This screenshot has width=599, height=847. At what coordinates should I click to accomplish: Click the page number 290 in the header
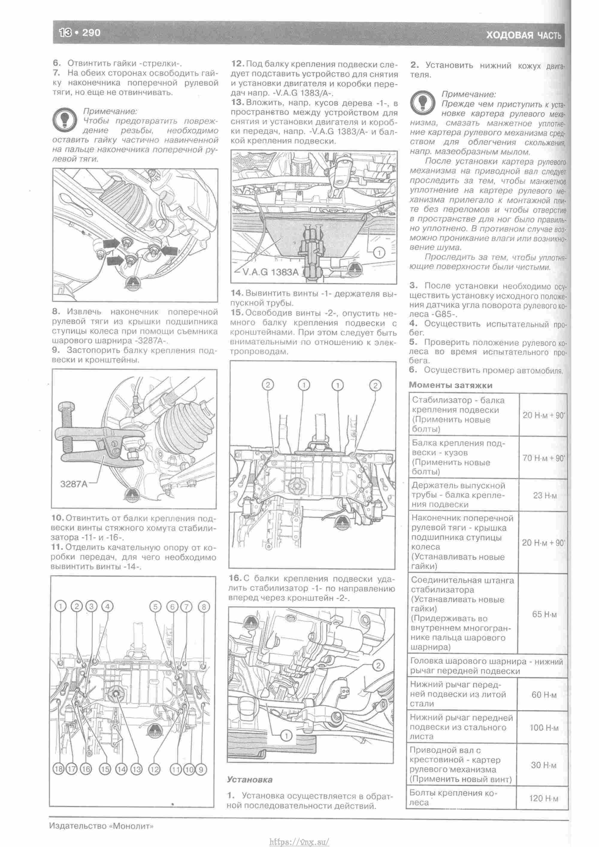click(91, 33)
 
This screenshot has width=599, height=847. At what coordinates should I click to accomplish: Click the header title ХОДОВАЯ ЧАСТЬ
click(523, 35)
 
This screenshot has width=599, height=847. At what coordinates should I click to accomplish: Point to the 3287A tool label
click(74, 484)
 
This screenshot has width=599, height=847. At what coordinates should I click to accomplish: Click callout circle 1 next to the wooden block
click(379, 253)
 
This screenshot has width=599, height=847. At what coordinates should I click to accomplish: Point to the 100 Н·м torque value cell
click(544, 727)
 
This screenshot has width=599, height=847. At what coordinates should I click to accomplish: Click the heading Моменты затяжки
click(450, 385)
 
